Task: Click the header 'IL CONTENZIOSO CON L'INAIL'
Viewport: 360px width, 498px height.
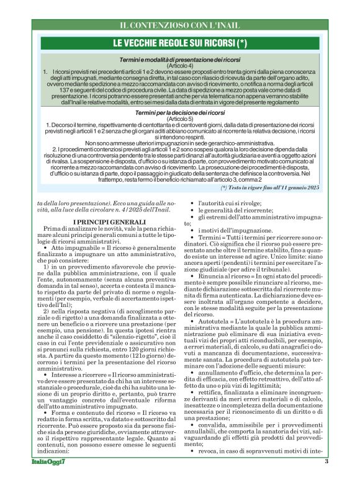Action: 180,25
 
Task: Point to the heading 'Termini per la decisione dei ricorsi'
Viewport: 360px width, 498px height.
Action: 180,113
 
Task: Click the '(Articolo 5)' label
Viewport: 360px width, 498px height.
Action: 180,120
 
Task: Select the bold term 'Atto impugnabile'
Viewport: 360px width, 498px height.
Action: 71,247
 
